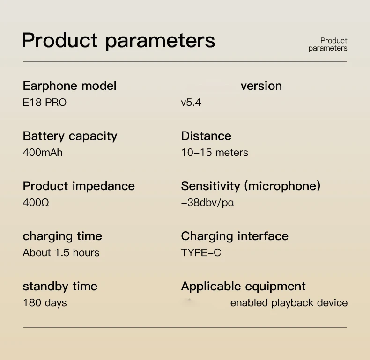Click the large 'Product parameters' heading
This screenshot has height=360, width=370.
pos(118,41)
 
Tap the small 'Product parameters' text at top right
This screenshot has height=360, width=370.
pos(328,44)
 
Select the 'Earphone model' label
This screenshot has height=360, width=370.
pos(70,86)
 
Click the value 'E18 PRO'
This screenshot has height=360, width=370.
pos(44,103)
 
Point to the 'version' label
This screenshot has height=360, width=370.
pos(261,86)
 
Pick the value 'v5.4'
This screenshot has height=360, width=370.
pos(191,103)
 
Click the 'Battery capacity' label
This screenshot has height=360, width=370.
pos(70,136)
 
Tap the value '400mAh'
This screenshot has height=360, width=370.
pos(43,153)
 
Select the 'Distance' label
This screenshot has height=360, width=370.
pos(206,136)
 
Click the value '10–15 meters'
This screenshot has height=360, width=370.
pos(215,153)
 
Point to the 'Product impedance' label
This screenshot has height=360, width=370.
pos(79,186)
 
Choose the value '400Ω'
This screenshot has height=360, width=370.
pos(36,203)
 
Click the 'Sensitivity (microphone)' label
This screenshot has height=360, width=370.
pos(251,186)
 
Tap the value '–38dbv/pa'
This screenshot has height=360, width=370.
pos(207,203)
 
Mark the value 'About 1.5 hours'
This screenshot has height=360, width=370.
pos(61,253)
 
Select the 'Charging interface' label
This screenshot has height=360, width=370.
pos(235,236)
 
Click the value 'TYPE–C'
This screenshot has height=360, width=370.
pos(201,253)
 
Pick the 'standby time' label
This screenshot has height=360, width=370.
pos(60,287)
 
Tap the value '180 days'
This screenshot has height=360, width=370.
pos(45,303)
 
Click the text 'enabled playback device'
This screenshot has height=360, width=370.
pos(289,303)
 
